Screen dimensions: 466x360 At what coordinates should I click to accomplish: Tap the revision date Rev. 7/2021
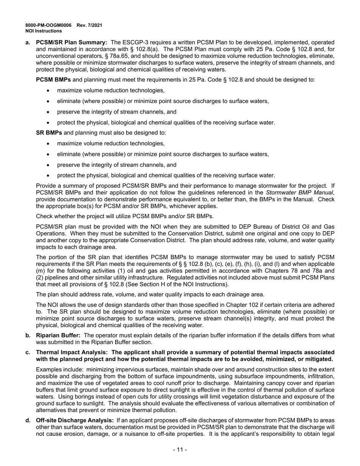coord(89,25)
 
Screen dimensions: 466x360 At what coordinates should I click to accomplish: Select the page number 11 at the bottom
coord(180,450)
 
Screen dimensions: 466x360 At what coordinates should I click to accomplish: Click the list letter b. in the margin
coord(28,335)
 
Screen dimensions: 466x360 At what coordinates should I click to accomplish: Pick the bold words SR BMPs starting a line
coord(49,133)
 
